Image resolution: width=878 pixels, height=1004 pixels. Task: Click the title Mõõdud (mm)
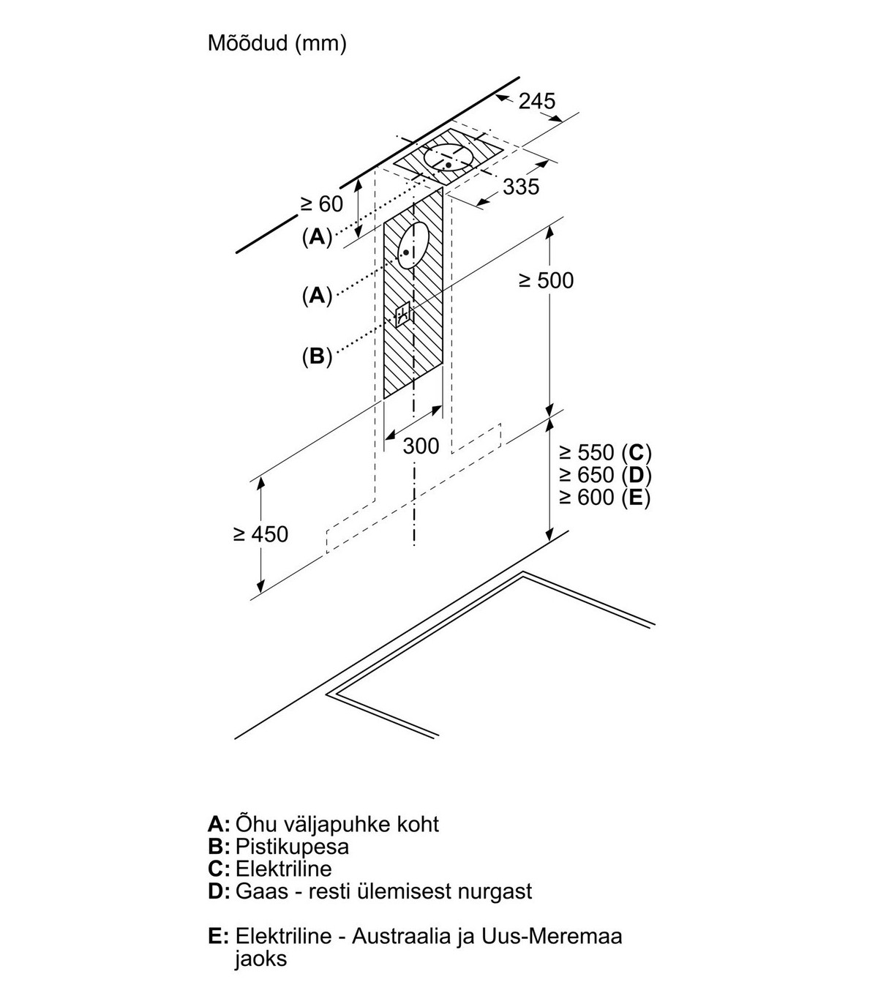(277, 44)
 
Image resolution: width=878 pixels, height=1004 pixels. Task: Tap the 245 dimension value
(537, 101)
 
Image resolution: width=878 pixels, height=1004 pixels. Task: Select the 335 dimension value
(521, 187)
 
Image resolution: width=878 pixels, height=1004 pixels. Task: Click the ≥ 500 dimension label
(546, 280)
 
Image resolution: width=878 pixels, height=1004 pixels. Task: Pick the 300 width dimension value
(421, 446)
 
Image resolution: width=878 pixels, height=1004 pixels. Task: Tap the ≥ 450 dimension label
(260, 534)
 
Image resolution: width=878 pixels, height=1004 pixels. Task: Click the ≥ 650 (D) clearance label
(604, 475)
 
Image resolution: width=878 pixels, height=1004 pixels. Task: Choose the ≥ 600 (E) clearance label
(604, 498)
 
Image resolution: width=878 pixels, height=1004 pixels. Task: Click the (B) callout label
(317, 356)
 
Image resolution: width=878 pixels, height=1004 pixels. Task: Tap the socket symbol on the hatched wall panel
(402, 315)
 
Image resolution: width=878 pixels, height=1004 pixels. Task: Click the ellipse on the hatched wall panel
(412, 245)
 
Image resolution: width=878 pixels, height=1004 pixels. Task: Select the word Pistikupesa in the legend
(292, 847)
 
